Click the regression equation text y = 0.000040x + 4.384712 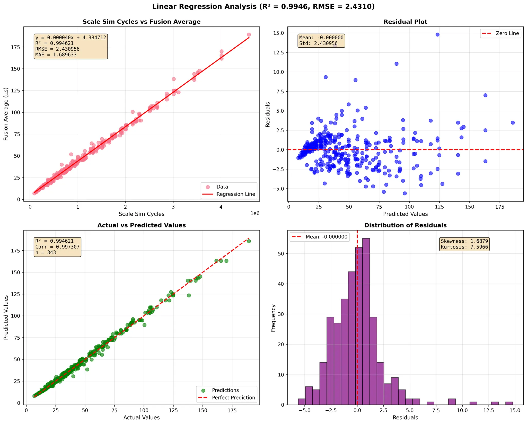[71, 38]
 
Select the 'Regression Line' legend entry [235, 194]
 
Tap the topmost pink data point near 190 [249, 34]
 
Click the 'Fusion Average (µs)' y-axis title [6, 114]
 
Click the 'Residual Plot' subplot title [405, 22]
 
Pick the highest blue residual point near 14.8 [437, 34]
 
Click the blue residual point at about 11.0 [397, 64]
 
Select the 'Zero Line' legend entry [507, 33]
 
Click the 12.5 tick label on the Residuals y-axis [278, 52]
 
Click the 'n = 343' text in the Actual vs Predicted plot [46, 252]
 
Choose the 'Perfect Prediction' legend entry [233, 397]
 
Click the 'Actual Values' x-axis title [142, 418]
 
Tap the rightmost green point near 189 [249, 241]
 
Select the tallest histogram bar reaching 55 [366, 322]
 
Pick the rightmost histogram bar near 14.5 [509, 403]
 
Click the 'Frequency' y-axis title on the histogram [273, 318]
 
